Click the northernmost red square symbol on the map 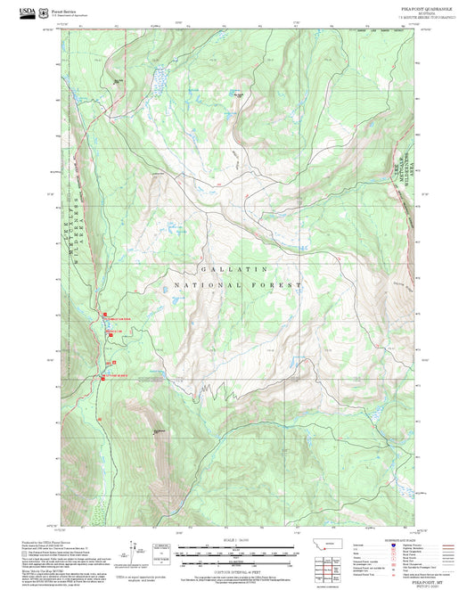coord(103,314)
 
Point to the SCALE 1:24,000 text coord(237,541)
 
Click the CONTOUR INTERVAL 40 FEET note coord(237,570)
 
